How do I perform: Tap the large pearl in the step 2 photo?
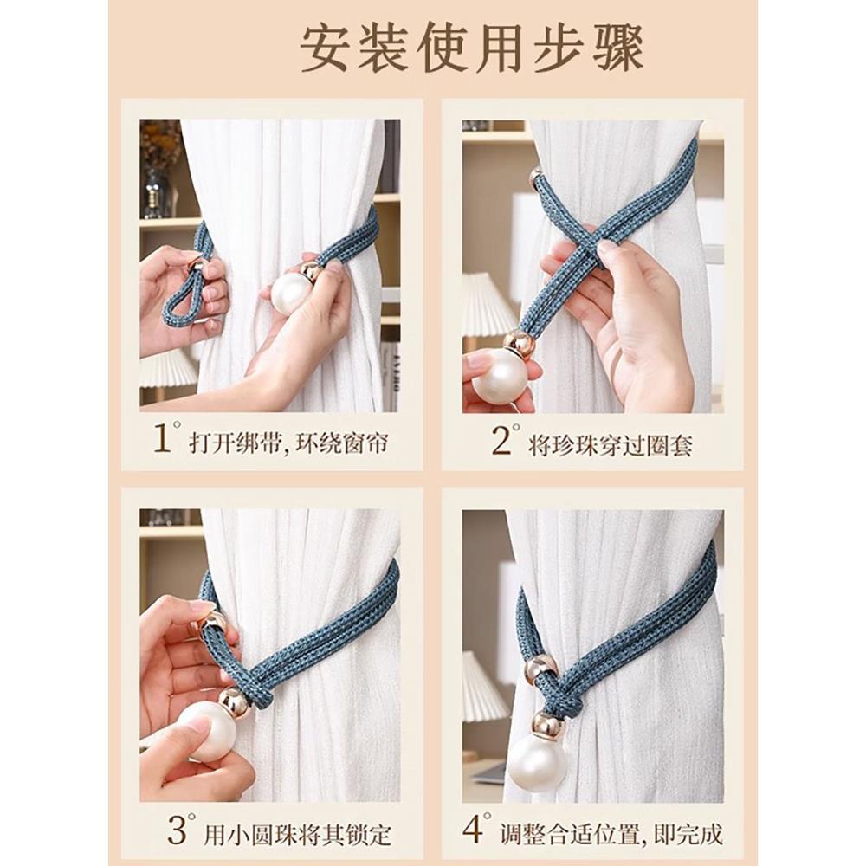coord(500,375)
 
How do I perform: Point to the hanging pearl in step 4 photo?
coord(537,762)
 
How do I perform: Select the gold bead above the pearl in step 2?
coord(519,343)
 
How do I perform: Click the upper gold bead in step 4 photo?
coord(541,668)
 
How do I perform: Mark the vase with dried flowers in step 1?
coord(159,173)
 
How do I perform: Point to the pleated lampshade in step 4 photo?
coord(483,688)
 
